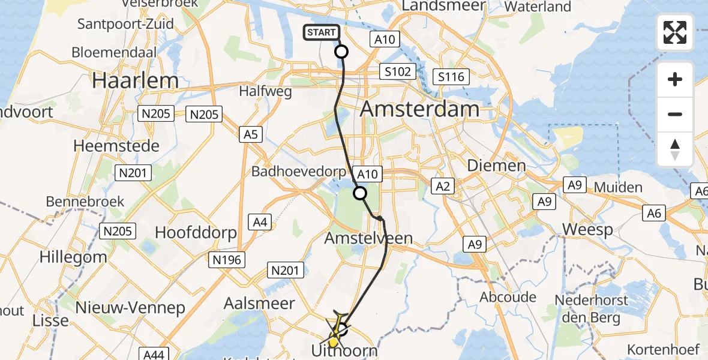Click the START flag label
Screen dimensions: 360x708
322,32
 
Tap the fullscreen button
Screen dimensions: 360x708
675,32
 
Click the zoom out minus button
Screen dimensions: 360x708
675,114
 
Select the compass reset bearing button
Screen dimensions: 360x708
675,149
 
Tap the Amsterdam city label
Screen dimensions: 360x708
420,109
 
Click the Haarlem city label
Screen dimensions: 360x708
135,80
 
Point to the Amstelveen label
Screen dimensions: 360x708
368,238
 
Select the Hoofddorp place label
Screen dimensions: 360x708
196,232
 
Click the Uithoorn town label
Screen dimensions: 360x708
344,350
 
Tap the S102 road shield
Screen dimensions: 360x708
398,72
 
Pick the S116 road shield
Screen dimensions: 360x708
451,77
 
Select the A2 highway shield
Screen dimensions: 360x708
443,187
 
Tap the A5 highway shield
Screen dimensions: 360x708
250,134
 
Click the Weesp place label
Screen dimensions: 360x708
588,229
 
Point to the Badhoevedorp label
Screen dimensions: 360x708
298,172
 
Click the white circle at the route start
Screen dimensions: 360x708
341,52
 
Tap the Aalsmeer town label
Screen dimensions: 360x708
259,303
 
